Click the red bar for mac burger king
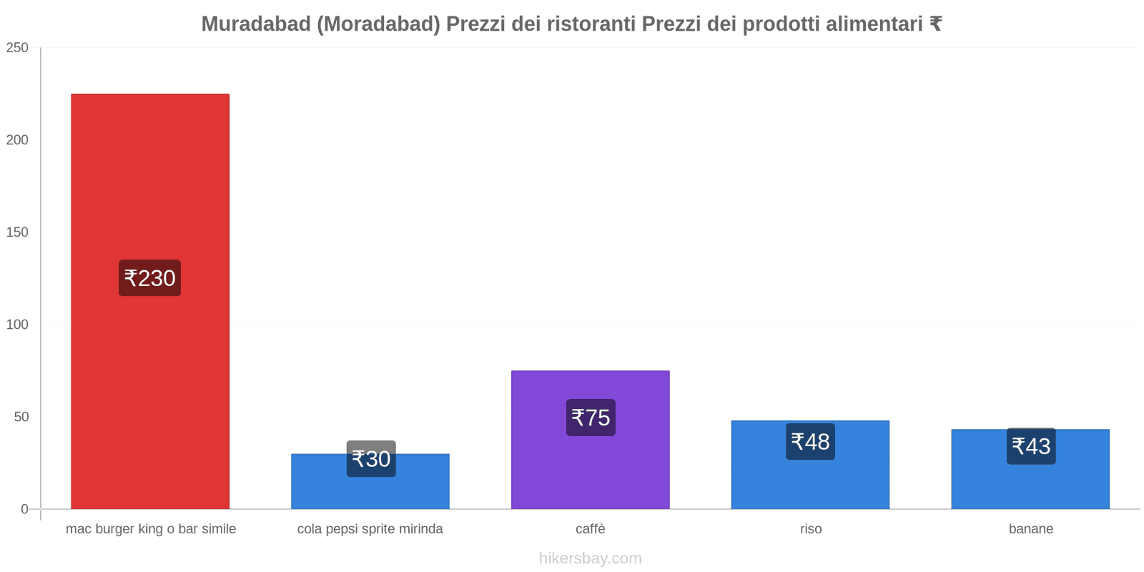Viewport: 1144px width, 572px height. [x=150, y=179]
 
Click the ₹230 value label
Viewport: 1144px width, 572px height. [x=149, y=278]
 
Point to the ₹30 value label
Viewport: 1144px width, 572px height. [x=371, y=459]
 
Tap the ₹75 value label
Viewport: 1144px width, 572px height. [x=591, y=418]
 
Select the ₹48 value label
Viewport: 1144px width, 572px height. [x=810, y=442]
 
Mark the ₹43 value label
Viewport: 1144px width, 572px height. [x=1031, y=446]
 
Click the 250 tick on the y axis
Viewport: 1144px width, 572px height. [x=17, y=48]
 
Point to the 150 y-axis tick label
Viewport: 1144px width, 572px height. [x=17, y=232]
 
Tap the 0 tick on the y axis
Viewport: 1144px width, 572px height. [x=24, y=509]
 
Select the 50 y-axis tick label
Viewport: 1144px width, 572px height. [x=21, y=417]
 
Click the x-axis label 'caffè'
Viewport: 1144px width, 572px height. [x=590, y=529]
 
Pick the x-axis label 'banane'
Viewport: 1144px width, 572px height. [x=1030, y=529]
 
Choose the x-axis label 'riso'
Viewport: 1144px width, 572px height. [x=811, y=529]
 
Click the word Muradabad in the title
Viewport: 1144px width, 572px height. [x=255, y=24]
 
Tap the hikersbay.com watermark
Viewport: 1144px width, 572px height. [x=590, y=558]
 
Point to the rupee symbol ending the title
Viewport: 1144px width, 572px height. [x=935, y=24]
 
